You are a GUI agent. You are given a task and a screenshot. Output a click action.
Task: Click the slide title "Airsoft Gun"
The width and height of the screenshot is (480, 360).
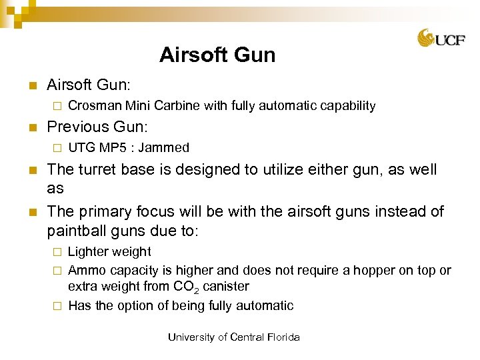217,55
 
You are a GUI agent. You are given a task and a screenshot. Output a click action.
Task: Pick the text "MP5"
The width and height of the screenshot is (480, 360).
115,148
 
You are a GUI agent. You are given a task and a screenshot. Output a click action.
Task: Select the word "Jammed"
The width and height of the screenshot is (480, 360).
165,148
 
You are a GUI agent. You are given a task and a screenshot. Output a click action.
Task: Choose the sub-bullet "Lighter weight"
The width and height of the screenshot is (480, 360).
109,252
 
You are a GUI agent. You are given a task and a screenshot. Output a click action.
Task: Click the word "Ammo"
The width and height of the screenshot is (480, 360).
85,271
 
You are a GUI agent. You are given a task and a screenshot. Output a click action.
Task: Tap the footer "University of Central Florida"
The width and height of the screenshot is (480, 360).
234,337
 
